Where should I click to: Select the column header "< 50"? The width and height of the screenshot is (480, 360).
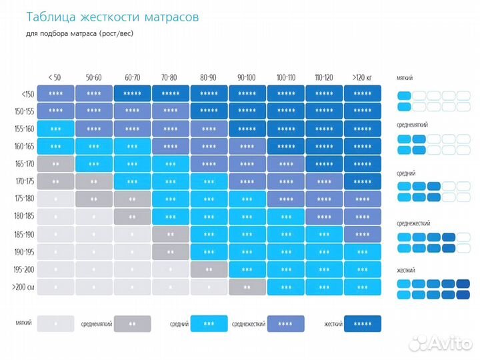(55, 77)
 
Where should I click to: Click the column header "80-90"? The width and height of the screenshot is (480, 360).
(209, 77)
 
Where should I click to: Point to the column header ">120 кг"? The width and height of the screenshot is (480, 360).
(363, 77)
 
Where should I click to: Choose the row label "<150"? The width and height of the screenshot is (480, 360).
(27, 94)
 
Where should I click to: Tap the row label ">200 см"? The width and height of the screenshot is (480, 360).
(23, 287)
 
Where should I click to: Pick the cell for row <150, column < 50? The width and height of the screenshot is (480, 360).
(55, 94)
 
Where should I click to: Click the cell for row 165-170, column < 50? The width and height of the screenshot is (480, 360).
(55, 163)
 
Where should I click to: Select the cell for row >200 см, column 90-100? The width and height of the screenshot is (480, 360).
(247, 287)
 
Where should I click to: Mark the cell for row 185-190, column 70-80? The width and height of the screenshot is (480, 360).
(171, 234)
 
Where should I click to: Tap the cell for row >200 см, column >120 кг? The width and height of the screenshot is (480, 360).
(363, 287)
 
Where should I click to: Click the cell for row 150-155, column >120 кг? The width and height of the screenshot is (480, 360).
(363, 111)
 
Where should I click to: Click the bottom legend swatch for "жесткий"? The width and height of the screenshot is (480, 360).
(363, 324)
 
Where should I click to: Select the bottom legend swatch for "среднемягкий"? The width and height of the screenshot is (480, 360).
(132, 324)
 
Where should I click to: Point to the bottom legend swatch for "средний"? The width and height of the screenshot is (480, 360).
(209, 324)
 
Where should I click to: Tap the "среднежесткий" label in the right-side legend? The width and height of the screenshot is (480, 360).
(413, 225)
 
